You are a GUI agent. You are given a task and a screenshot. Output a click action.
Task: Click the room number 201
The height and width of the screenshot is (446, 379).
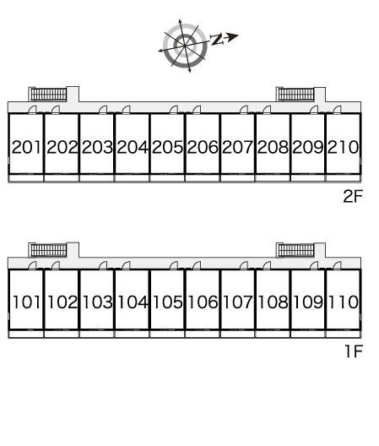coord(26,147)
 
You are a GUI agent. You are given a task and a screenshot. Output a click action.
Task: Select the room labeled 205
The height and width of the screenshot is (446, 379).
coord(167,147)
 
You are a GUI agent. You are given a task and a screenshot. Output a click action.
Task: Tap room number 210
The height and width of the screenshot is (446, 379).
coord(344,147)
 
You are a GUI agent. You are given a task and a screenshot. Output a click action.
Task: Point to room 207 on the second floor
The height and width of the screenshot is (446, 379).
coord(237,147)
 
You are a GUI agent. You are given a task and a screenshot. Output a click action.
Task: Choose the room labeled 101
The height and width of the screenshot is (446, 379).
coord(26,302)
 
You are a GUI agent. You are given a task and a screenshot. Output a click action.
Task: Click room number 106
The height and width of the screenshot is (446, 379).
coord(203,302)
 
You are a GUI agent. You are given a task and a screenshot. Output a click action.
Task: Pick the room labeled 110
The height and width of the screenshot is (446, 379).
coord(344,302)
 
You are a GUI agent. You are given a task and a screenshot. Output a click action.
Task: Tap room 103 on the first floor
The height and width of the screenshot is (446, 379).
coord(97,302)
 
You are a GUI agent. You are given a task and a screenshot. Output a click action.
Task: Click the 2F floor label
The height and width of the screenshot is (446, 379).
coord(353,196)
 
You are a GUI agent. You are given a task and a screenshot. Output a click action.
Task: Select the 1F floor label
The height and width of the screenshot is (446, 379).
coord(354,351)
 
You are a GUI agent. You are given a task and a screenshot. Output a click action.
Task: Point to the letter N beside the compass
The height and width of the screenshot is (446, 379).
coord(217,40)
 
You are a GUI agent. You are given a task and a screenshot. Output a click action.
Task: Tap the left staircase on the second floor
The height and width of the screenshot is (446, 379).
coord(49,94)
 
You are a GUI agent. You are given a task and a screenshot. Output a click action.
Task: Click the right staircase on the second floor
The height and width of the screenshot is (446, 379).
coord(296,94)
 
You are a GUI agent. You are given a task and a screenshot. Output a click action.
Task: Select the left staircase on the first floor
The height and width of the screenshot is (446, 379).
coord(49,250)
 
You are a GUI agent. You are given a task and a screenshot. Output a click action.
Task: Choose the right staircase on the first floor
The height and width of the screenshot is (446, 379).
coord(296,250)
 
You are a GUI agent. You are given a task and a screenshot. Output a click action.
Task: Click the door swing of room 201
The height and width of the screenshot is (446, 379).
coord(33,110)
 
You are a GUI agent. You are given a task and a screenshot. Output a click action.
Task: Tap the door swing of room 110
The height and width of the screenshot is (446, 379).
coord(337,266)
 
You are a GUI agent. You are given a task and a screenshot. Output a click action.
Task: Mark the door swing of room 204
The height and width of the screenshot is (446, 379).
coord(126,110)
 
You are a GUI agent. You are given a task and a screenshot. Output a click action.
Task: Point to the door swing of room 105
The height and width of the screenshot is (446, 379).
coord(173,266)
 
